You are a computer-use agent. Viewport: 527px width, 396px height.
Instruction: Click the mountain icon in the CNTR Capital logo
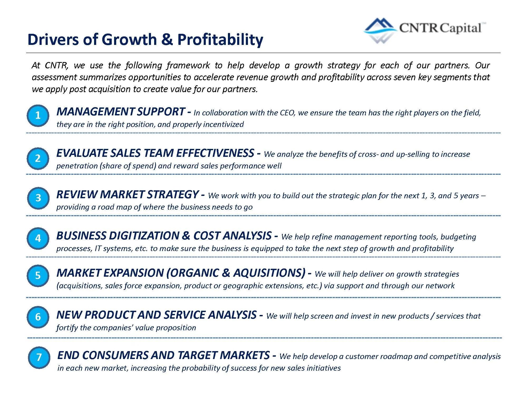(x=380, y=30)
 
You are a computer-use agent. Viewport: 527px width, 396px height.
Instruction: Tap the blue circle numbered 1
(x=38, y=115)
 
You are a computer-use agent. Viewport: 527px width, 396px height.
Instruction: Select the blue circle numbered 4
(x=38, y=238)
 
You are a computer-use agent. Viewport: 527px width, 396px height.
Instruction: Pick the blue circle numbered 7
(x=39, y=357)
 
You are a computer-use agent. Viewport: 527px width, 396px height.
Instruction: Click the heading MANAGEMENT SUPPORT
(x=120, y=112)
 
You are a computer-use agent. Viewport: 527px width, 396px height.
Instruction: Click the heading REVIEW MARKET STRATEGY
(x=127, y=195)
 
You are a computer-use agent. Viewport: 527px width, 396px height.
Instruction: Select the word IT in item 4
(x=98, y=248)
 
